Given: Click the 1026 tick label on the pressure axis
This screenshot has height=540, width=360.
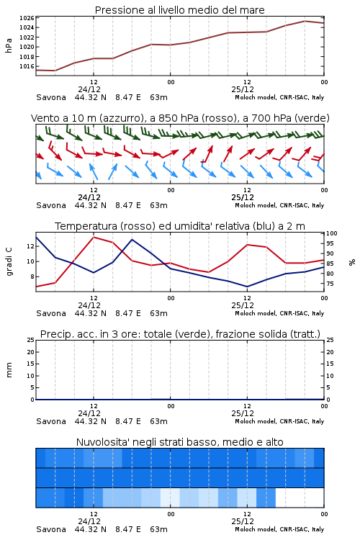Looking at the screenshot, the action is [27, 18].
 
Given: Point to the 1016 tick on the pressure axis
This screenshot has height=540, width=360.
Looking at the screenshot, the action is [27, 66].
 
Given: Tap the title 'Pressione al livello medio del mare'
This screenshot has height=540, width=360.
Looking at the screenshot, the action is [180, 10].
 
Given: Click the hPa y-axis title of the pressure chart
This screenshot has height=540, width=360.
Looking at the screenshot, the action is [9, 45].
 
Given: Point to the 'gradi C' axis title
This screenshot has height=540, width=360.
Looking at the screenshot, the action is [9, 262].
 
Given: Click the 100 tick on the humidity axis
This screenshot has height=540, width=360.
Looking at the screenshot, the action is [332, 233].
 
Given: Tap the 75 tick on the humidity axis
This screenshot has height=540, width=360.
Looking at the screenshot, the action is [330, 284].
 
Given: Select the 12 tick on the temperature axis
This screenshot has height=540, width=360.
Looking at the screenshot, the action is [30, 246].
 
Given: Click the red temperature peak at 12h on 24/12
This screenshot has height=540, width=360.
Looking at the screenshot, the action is [94, 238].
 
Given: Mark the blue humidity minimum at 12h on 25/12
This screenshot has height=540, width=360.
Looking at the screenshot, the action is [247, 286].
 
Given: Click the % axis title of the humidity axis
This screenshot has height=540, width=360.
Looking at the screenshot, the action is [352, 262].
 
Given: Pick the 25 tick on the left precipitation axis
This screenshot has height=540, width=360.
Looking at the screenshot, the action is [31, 340].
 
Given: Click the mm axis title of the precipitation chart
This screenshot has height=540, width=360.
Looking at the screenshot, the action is [9, 370].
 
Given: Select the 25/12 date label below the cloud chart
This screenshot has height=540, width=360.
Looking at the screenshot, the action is [243, 521].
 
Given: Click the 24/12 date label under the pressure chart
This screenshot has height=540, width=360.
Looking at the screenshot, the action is [89, 89].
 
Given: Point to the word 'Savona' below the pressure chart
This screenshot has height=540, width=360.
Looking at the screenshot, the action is [51, 97].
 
